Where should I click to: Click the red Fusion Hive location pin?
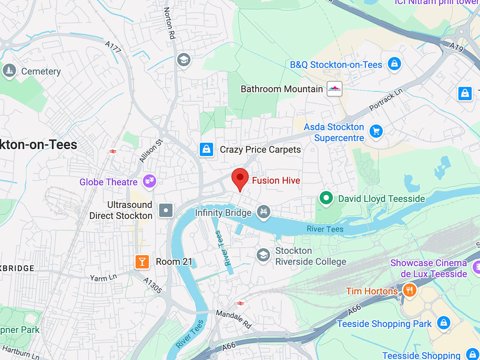coord(240,177)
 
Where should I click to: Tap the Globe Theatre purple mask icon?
coord(149,182)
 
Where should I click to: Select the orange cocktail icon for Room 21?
coord(142,262)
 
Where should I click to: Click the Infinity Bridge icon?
coord(264,212)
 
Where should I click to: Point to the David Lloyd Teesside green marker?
coord(325,198)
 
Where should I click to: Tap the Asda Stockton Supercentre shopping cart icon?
coord(375,132)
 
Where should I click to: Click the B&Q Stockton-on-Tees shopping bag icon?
coord(394,64)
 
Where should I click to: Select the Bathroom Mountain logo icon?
coord(334,89)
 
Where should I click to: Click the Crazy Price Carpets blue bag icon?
coord(206,149)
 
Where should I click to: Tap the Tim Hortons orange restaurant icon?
coord(409,290)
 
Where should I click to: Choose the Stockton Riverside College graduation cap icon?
coord(263,255)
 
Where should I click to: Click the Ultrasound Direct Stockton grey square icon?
coord(166,210)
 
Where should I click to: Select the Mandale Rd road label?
coord(234,319)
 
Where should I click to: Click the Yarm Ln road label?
coord(103,277)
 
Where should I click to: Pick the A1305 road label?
coord(152,285)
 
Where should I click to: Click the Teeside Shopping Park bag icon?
coord(442,323)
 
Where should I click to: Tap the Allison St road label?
coord(151,151)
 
